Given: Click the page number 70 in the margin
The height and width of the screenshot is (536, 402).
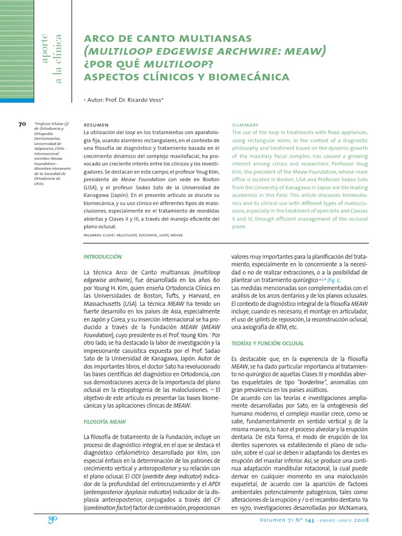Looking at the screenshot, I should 22,125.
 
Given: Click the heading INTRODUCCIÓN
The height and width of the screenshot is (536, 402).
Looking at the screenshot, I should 103,257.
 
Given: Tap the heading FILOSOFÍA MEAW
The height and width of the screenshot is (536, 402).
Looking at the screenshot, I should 105,421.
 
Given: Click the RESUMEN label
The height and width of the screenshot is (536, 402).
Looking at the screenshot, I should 96,125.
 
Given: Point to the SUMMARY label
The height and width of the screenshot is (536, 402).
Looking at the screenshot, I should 245,125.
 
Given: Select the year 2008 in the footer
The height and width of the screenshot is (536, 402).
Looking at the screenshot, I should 362,521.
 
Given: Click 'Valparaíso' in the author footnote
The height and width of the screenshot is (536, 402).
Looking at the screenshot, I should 44,147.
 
